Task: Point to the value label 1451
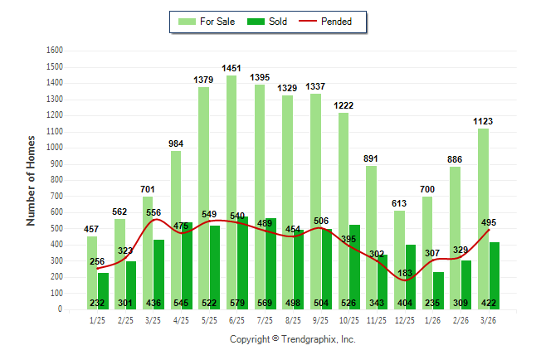231,68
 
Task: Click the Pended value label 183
405,274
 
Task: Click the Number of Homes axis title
32,180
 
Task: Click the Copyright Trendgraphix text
292,339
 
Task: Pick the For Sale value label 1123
483,121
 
